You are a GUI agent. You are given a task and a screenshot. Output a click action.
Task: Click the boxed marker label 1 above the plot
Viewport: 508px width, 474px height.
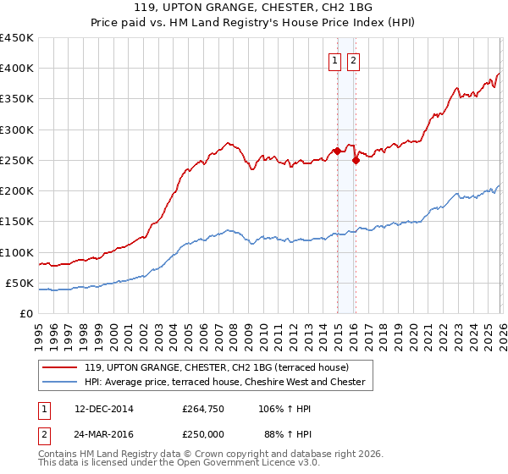coord(335,60)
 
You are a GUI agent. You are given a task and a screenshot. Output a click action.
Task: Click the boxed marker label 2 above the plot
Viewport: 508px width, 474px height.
coord(353,60)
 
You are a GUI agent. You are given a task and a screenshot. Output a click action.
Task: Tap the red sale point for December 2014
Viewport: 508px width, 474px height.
coord(337,152)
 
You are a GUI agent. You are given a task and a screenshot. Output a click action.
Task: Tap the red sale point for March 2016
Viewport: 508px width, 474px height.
coord(356,161)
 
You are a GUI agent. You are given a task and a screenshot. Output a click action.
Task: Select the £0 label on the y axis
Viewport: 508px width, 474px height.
coord(26,313)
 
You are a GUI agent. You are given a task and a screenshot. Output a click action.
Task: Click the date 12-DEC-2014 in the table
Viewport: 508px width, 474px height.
coord(104,409)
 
